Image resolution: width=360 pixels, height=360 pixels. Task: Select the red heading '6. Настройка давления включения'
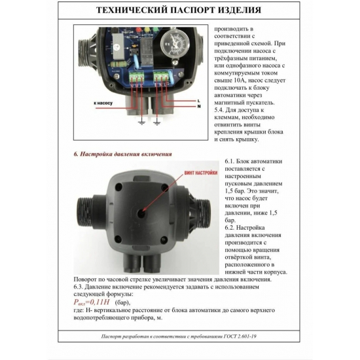point(122,154)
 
